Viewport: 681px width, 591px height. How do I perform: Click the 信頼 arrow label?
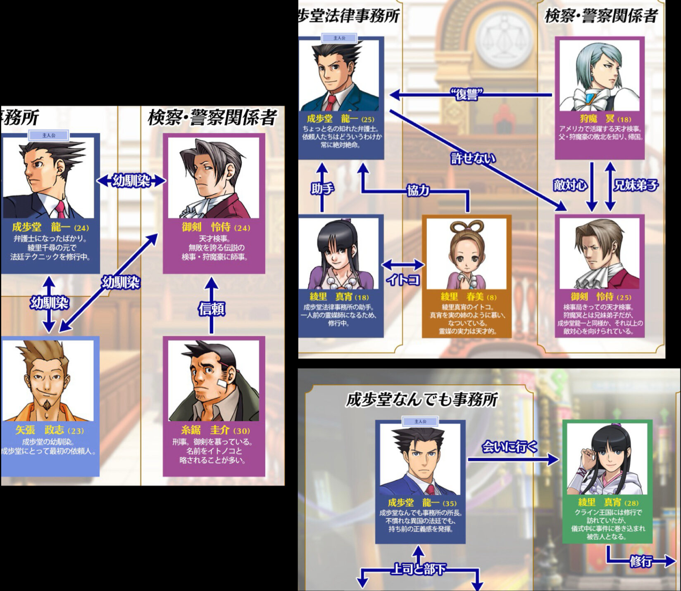click(212, 308)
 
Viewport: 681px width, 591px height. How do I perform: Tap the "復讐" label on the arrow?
click(467, 95)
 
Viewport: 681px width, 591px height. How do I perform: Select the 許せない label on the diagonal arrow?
click(473, 158)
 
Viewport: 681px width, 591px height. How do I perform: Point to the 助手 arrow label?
click(323, 189)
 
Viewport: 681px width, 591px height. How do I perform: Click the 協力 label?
click(418, 190)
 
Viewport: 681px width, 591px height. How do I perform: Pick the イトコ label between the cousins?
click(402, 280)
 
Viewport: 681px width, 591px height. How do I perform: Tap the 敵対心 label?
click(570, 185)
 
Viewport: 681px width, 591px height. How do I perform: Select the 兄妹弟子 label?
click(636, 185)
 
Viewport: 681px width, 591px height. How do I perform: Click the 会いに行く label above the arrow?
click(510, 447)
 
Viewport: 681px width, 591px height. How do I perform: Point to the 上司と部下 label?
click(418, 570)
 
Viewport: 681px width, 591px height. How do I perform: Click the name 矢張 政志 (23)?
click(50, 430)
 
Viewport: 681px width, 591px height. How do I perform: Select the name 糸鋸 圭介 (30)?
click(215, 430)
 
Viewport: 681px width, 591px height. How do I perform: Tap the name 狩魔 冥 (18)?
click(605, 119)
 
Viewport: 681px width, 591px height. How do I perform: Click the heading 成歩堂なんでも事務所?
click(421, 400)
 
